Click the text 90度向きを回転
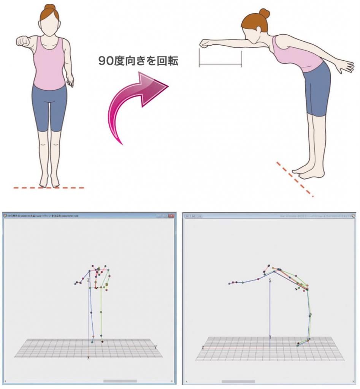pyautogui.click(x=138, y=61)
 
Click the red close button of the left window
pyautogui.click(x=171, y=216)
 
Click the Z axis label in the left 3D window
pyautogui.click(x=88, y=280)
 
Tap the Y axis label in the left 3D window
pyautogui.click(x=155, y=347)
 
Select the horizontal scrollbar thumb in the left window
pyautogui.click(x=120, y=381)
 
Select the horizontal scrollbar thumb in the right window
pyautogui.click(x=238, y=381)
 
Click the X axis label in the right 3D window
pyautogui.click(x=203, y=347)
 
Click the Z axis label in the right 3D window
pyautogui.click(x=270, y=280)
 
